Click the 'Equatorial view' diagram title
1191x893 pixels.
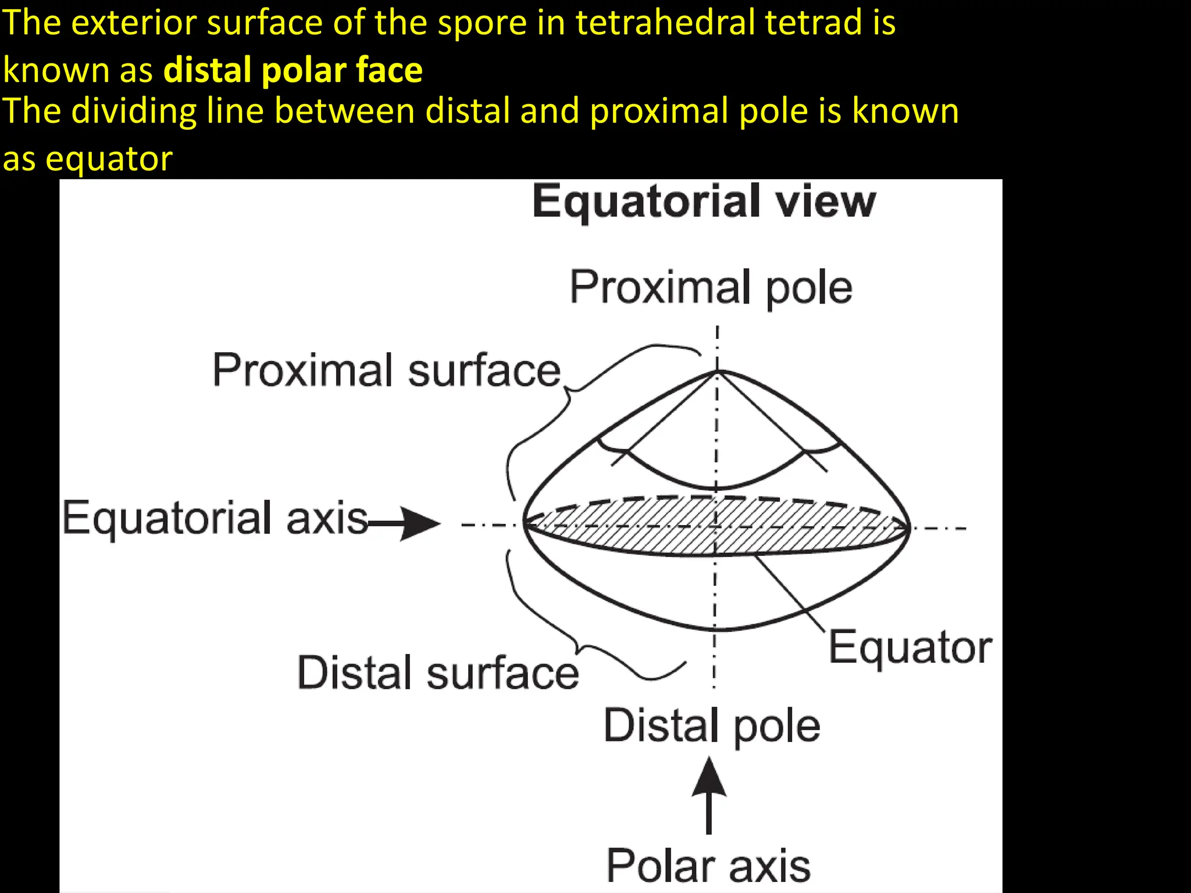point(704,201)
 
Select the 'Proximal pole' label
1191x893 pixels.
point(711,287)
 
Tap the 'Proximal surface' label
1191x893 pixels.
point(386,370)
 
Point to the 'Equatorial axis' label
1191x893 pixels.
point(215,518)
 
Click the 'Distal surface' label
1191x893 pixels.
point(438,673)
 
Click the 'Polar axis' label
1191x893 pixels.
point(708,866)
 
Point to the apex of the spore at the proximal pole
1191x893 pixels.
point(717,371)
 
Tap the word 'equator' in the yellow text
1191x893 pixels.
point(109,158)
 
